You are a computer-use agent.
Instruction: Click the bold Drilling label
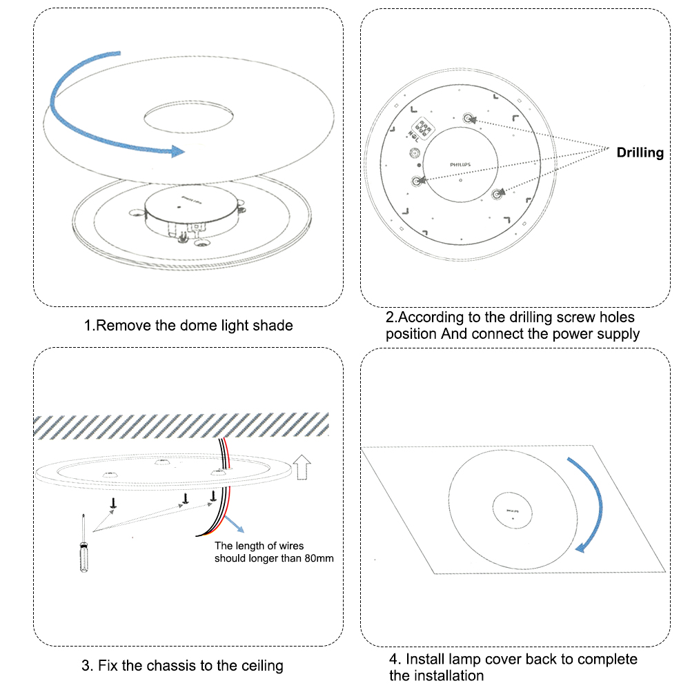[x=640, y=152]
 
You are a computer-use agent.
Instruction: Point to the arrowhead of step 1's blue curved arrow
[x=179, y=150]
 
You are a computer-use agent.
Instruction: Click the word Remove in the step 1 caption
[x=122, y=325]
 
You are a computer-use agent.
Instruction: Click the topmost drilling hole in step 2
[x=469, y=118]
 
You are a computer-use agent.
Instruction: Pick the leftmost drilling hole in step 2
[x=417, y=181]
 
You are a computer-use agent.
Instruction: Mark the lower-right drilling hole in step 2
[x=497, y=195]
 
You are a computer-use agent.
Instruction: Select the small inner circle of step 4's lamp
[x=512, y=511]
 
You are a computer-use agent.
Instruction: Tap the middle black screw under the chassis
[x=185, y=499]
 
